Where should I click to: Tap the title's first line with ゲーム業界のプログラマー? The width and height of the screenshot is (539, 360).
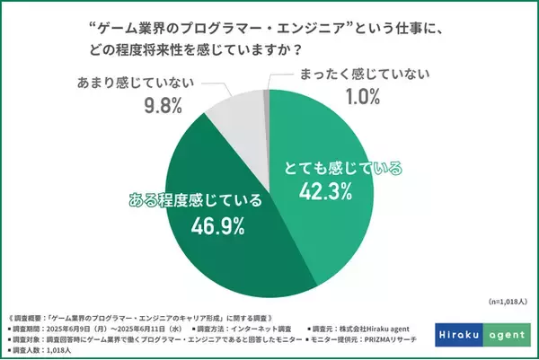coord(269,27)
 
